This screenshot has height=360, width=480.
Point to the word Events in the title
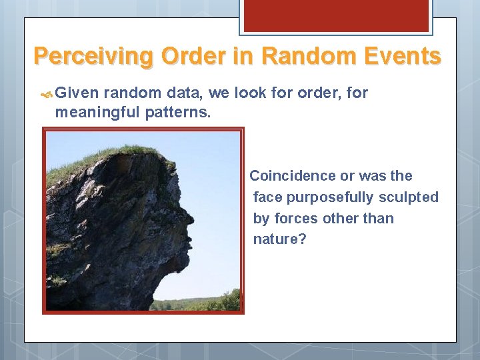(403, 56)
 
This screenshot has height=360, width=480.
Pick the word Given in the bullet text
(76, 93)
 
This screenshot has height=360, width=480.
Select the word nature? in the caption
(279, 239)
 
